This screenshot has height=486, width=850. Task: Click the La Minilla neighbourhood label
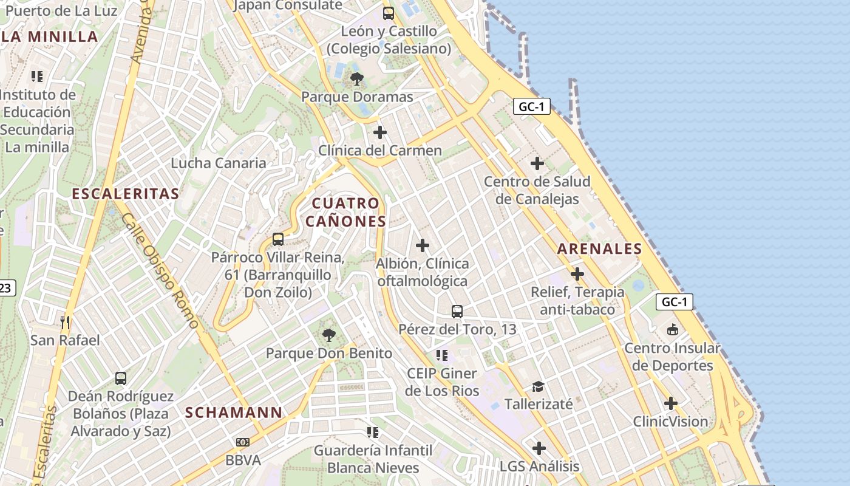(50, 36)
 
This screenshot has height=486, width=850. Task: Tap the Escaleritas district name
(126, 194)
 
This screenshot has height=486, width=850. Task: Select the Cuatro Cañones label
(345, 212)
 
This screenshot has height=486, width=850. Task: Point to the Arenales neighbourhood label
(599, 248)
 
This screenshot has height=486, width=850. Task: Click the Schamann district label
(234, 412)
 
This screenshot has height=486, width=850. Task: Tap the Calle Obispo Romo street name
(160, 271)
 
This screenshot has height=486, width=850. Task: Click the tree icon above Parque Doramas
(357, 78)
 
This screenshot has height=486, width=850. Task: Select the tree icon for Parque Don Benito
(328, 335)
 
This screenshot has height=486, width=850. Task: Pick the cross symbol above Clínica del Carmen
(380, 132)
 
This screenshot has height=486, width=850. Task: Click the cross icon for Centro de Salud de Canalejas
(537, 163)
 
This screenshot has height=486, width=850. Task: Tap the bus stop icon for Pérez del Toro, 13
(457, 312)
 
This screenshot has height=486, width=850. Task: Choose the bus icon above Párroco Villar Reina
(278, 239)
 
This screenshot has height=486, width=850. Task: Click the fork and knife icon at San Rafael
(65, 322)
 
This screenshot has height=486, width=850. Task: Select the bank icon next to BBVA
(243, 442)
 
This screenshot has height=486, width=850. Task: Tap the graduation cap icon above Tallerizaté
(538, 386)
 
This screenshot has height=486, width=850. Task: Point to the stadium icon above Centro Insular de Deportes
(672, 330)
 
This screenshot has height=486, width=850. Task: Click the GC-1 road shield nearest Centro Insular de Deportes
(674, 302)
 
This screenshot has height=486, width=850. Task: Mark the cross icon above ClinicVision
(670, 403)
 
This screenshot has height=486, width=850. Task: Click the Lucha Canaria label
(219, 163)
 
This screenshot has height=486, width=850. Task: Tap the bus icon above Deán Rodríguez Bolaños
(121, 378)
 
